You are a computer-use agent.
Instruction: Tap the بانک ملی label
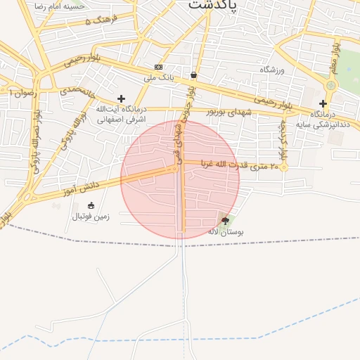tap(158, 77)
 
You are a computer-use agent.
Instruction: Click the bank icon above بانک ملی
tap(158, 67)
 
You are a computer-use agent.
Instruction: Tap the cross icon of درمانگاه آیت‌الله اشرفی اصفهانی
tap(121, 98)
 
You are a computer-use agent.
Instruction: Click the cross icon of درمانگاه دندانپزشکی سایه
tap(323, 103)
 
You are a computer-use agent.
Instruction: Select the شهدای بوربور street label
tap(229, 112)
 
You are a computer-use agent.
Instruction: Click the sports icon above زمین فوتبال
tap(91, 205)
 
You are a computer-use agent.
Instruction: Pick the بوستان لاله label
tap(225, 231)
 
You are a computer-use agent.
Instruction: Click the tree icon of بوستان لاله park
tap(225, 220)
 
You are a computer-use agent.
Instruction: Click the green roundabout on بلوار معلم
tap(330, 85)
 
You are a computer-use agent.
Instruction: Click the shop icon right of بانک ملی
tap(193, 75)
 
